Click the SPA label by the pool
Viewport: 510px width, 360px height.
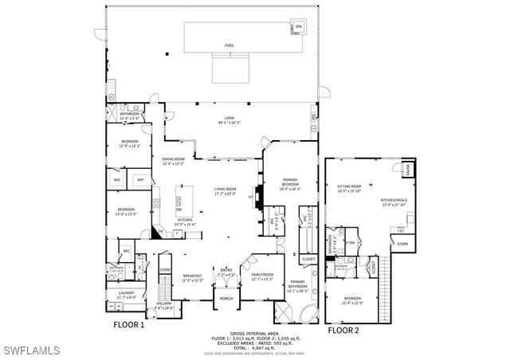(x=298, y=27)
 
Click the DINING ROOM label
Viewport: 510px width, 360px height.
(x=174, y=162)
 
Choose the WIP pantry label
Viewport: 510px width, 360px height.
(x=140, y=180)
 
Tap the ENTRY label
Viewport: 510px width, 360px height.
(x=226, y=270)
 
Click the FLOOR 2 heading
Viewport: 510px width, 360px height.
(x=345, y=328)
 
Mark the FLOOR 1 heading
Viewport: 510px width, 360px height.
(x=128, y=325)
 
